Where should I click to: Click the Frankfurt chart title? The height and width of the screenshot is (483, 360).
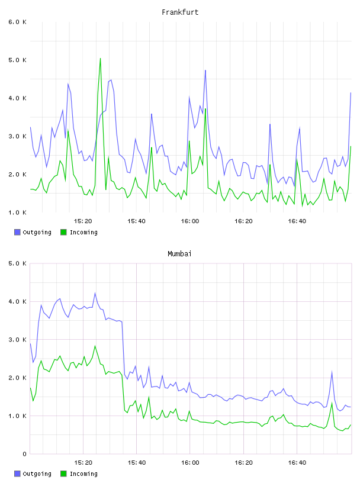coord(180,12)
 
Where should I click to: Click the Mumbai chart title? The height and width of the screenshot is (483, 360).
coord(179,254)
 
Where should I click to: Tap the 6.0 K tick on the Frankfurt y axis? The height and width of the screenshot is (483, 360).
coord(18,22)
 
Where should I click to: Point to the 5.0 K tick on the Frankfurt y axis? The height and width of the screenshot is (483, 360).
coord(18,60)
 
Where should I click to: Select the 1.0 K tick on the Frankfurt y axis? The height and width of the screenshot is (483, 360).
coord(18,212)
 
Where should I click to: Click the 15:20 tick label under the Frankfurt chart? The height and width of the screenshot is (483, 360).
coord(83,221)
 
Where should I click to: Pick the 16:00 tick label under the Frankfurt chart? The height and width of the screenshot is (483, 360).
coord(190,221)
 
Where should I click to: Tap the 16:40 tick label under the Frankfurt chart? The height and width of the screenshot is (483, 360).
coord(297,221)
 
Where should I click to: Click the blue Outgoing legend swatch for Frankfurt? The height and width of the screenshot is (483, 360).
coord(17,232)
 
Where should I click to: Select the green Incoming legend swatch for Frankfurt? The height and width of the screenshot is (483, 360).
coord(63,232)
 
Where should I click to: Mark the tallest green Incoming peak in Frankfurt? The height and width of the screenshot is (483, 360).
coord(100,58)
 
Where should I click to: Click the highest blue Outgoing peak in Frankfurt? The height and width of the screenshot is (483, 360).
coord(205,70)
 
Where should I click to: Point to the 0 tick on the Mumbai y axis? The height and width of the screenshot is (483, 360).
coord(25,454)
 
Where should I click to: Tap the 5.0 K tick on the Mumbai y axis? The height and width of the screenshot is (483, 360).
coord(18,263)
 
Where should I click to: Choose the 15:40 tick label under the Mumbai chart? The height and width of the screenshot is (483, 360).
coord(137,463)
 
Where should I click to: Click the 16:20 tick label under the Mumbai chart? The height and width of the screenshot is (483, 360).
coord(243,463)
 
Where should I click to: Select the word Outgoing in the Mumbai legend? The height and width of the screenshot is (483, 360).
coord(37,474)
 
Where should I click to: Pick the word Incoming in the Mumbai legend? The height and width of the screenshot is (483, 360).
coord(83,474)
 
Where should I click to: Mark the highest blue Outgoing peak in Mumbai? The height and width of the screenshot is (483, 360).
coord(95,293)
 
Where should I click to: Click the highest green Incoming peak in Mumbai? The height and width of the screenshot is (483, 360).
coord(95,346)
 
